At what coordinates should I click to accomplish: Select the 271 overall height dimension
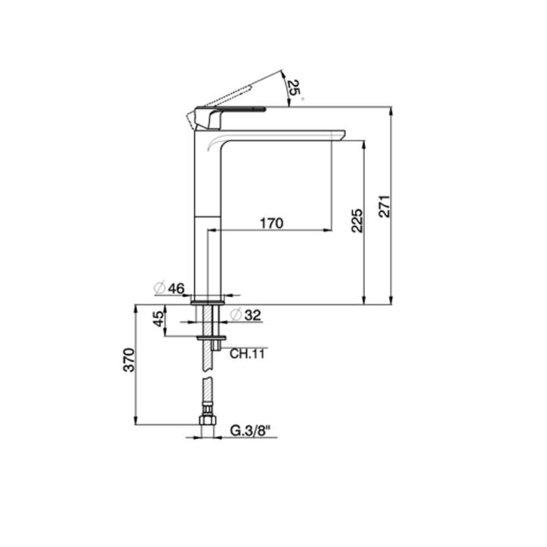(x=384, y=206)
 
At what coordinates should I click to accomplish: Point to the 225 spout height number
(x=357, y=221)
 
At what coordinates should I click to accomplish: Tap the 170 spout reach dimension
(x=272, y=223)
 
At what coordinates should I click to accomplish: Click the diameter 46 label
(x=170, y=288)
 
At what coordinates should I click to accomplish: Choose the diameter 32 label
(x=246, y=315)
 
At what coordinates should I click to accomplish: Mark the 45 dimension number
(x=159, y=319)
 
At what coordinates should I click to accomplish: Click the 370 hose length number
(x=129, y=360)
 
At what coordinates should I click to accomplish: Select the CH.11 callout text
(x=247, y=354)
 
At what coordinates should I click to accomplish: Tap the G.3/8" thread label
(x=251, y=431)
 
